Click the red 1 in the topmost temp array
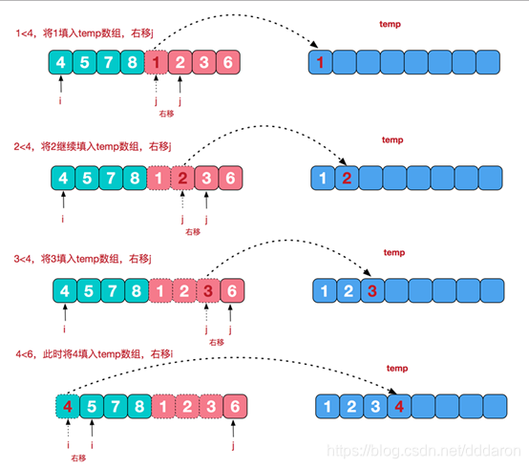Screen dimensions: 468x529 click(x=322, y=63)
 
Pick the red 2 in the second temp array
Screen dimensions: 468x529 click(x=348, y=178)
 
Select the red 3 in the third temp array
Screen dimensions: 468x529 click(x=371, y=290)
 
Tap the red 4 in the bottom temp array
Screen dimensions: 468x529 click(x=399, y=408)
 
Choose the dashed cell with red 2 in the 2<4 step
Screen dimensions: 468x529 click(x=182, y=178)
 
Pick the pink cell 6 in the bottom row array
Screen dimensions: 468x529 click(x=235, y=406)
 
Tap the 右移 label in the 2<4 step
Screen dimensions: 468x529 click(x=193, y=231)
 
